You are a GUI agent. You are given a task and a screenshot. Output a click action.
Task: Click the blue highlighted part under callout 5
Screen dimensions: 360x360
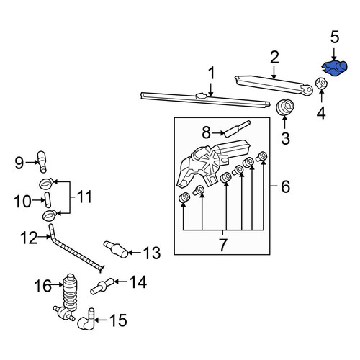point(335,68)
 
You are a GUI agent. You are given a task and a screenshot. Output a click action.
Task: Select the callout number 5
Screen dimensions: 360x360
point(335,37)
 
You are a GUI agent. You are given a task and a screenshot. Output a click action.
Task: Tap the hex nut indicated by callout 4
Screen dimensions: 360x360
point(321,84)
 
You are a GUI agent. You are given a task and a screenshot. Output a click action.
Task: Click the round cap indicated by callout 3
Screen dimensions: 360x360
point(284,107)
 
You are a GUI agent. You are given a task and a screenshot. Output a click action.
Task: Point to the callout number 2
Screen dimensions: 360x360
point(274,58)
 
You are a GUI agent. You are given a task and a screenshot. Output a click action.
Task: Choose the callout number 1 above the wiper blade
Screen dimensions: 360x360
point(211,73)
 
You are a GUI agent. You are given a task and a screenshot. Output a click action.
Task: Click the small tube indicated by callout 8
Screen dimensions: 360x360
point(237,129)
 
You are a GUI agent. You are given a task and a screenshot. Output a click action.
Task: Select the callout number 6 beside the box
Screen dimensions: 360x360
point(285,186)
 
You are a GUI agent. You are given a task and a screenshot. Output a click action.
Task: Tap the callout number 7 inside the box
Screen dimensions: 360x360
point(223,245)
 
